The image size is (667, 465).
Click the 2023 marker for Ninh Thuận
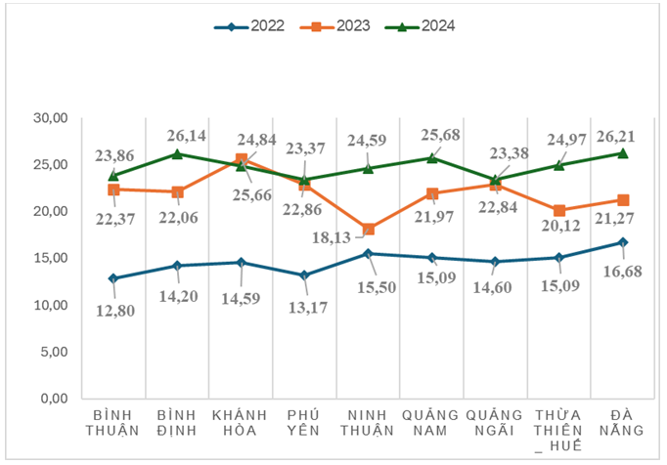tap(368, 230)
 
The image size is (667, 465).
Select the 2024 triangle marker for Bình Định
tap(177, 153)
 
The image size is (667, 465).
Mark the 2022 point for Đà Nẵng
tap(623, 242)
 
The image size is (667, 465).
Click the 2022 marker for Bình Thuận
tap(113, 278)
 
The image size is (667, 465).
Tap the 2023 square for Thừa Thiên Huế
tap(559, 211)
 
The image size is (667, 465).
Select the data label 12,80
tap(116, 312)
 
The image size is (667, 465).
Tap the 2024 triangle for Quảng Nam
tap(432, 157)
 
